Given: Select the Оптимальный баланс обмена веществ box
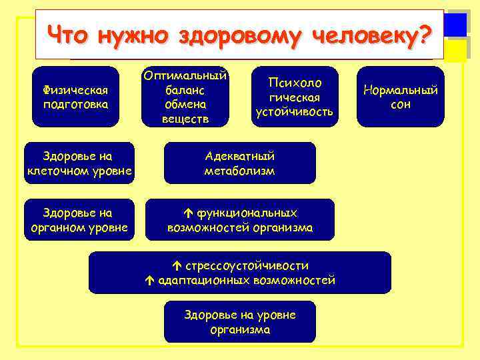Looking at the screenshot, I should click(x=185, y=97).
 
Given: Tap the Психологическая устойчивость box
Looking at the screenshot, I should click(x=294, y=97).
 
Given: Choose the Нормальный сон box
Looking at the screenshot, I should click(x=400, y=97).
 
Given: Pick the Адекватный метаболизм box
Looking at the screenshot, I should click(x=239, y=163).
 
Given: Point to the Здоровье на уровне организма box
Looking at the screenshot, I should click(x=239, y=321).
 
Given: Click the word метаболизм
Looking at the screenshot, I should click(x=239, y=171).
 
